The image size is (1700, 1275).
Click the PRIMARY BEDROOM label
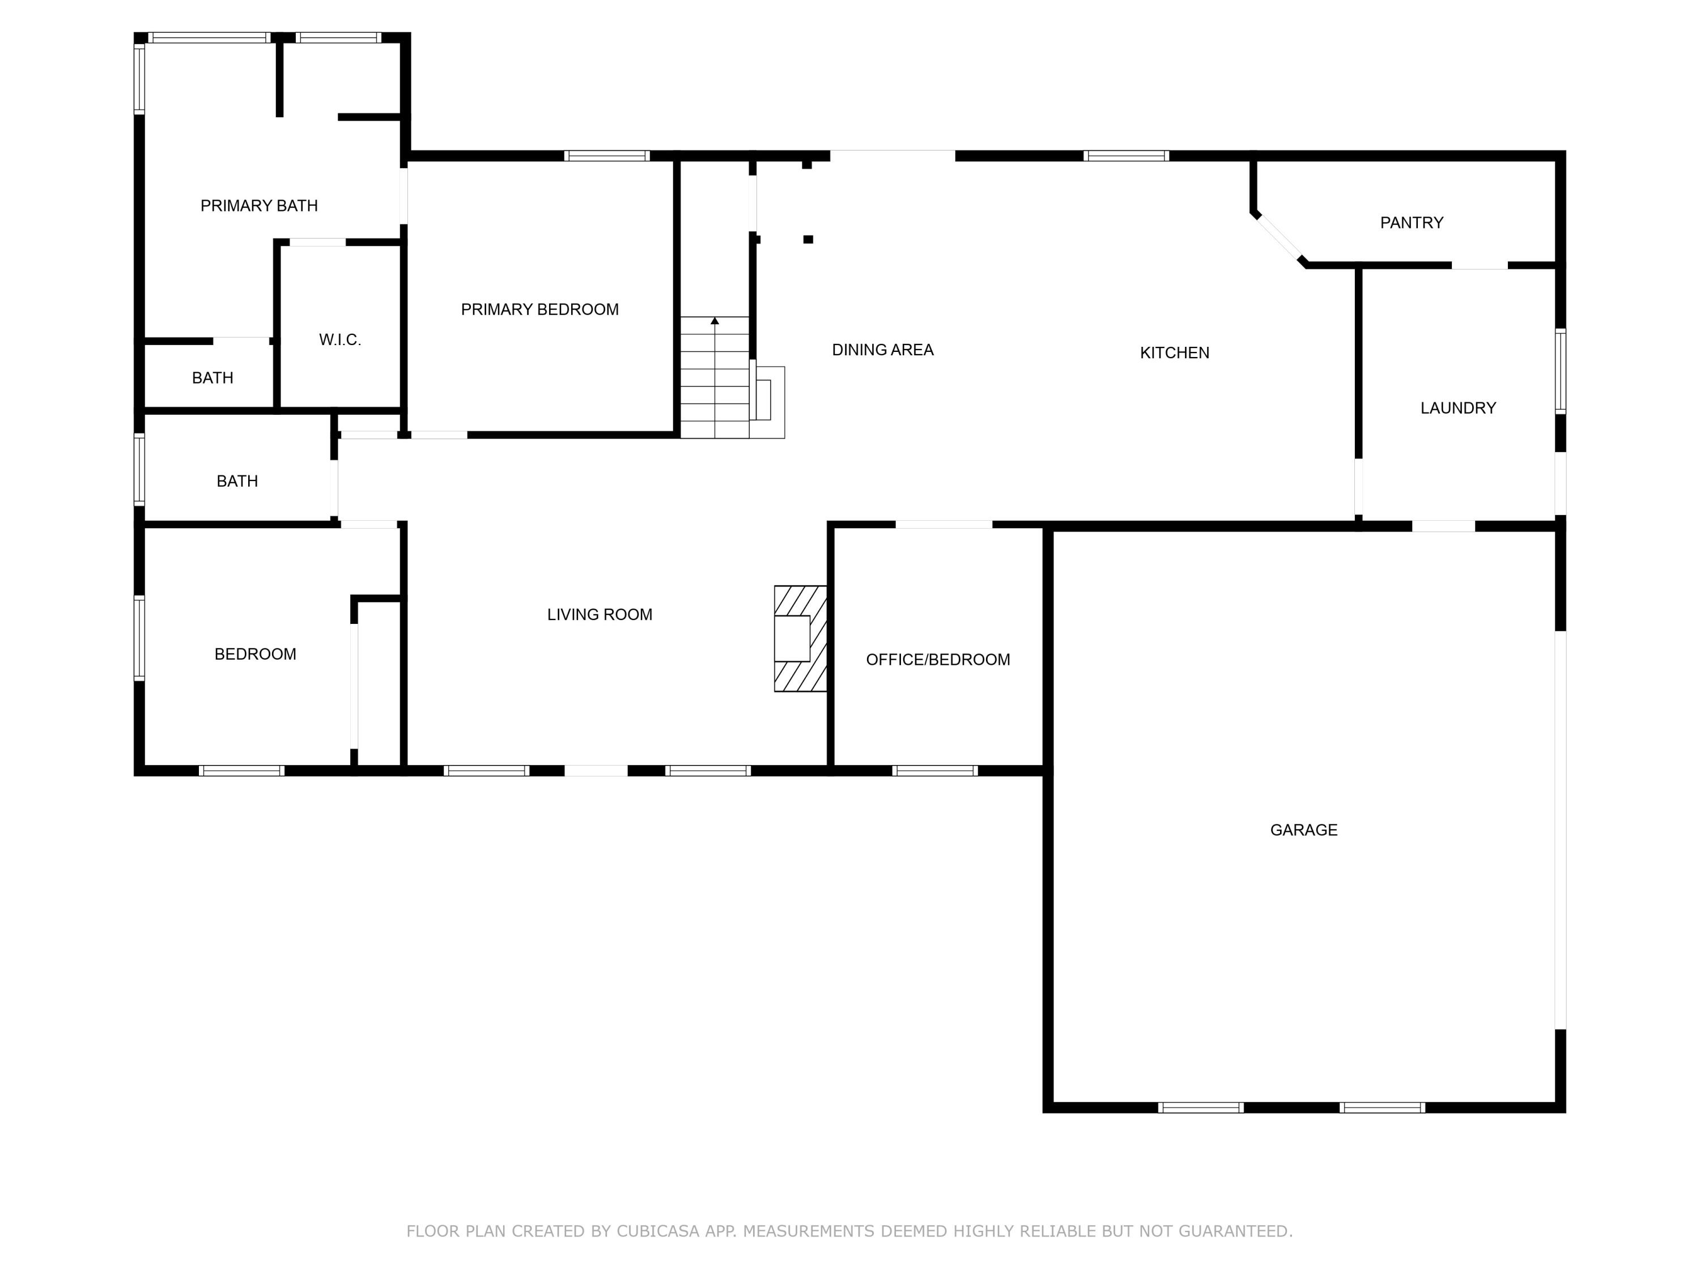(x=539, y=309)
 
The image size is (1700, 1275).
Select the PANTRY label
(x=1411, y=223)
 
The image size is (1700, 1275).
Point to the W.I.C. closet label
(x=339, y=339)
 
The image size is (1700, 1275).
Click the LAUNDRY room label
(x=1457, y=408)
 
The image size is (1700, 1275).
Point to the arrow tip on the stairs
(x=715, y=320)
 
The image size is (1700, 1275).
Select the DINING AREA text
(x=882, y=350)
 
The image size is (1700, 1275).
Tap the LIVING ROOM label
(x=600, y=614)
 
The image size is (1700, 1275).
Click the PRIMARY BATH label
(x=259, y=205)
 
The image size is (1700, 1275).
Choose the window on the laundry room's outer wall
(x=1560, y=371)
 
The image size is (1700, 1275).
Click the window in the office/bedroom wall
(x=934, y=770)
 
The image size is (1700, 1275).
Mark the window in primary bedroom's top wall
(x=606, y=156)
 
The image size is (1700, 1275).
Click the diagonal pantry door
(x=1280, y=239)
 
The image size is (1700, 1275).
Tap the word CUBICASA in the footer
(x=658, y=1230)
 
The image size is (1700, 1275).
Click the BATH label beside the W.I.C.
(x=212, y=377)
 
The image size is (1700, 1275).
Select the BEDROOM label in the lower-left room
(x=255, y=654)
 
